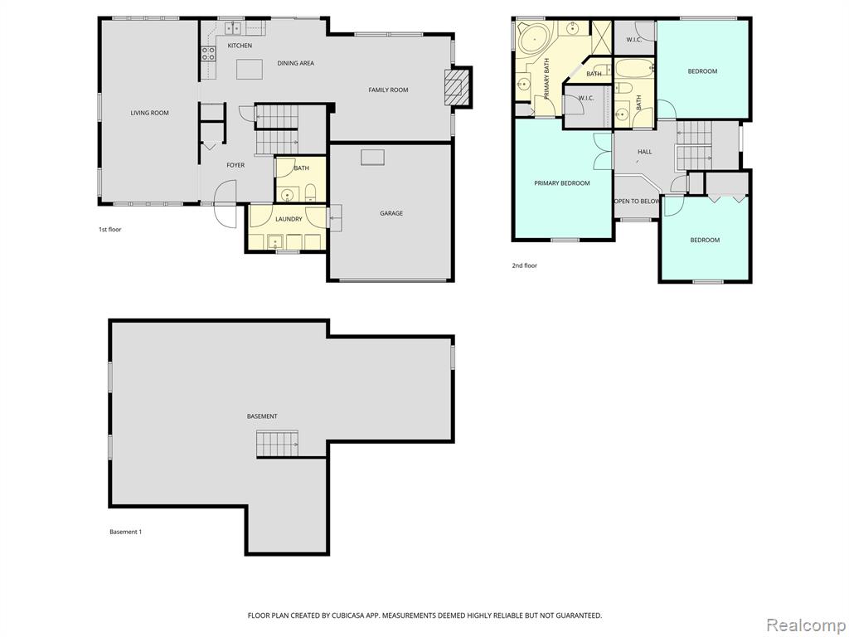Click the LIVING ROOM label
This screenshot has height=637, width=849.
(149, 113)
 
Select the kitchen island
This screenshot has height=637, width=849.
(250, 70)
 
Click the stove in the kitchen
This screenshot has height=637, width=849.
(208, 53)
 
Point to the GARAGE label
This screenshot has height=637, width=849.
(391, 213)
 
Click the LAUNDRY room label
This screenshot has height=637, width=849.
(289, 219)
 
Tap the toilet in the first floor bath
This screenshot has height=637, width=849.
(311, 192)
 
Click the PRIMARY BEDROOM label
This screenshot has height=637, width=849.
(562, 183)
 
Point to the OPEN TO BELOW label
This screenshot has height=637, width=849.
(637, 201)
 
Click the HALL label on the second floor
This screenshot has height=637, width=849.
(644, 152)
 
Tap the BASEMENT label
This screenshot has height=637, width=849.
(262, 416)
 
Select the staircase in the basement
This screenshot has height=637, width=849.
(277, 445)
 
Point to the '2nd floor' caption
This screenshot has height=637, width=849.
(525, 265)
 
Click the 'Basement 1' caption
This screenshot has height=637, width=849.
(126, 532)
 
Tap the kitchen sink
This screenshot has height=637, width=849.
(233, 27)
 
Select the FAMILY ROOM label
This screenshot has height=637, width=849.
(388, 90)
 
